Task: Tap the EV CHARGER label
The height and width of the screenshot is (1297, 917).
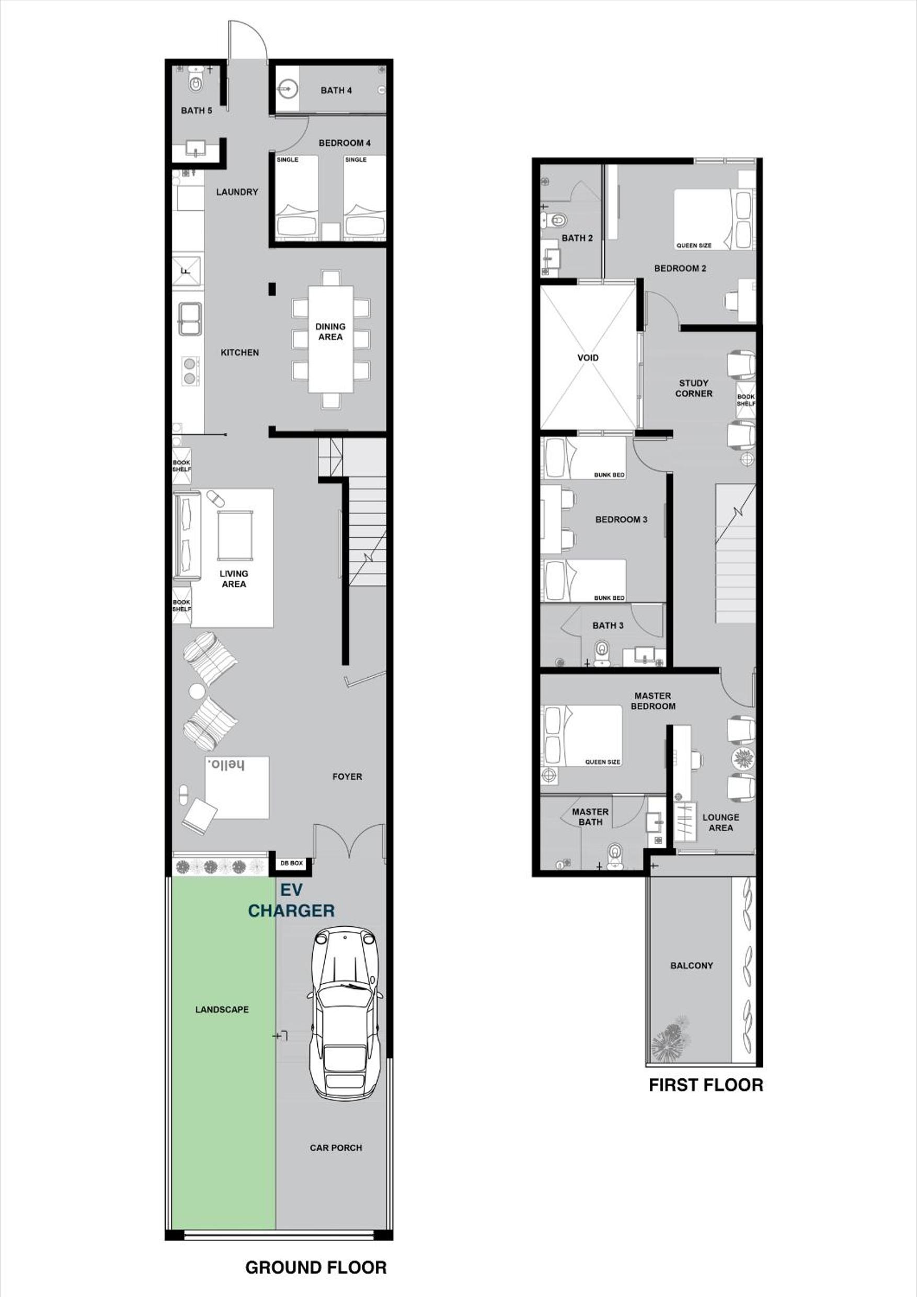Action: [x=291, y=901]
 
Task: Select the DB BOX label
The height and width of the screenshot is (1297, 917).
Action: [x=292, y=863]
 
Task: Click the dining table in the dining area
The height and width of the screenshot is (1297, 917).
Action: [x=330, y=339]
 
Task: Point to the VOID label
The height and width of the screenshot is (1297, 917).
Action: [x=588, y=358]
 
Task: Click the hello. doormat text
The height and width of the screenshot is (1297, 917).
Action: [x=226, y=766]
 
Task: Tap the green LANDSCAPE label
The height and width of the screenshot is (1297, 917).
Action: [x=222, y=1009]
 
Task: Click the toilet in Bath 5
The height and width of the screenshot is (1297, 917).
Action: [x=196, y=80]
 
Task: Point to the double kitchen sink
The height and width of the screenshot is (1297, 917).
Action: [x=190, y=318]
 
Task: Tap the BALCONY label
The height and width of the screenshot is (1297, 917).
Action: [x=692, y=965]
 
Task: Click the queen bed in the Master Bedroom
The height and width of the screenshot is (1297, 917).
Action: [x=582, y=735]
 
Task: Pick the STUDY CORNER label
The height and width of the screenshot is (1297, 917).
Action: [x=694, y=388]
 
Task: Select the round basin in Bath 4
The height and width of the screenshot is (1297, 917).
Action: [x=288, y=89]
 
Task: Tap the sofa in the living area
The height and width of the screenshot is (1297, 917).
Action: [x=187, y=536]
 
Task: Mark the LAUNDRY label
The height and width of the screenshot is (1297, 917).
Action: [x=237, y=192]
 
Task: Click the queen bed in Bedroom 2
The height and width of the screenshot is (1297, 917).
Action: [x=714, y=219]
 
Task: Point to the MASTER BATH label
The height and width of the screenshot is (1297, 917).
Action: [x=590, y=817]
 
